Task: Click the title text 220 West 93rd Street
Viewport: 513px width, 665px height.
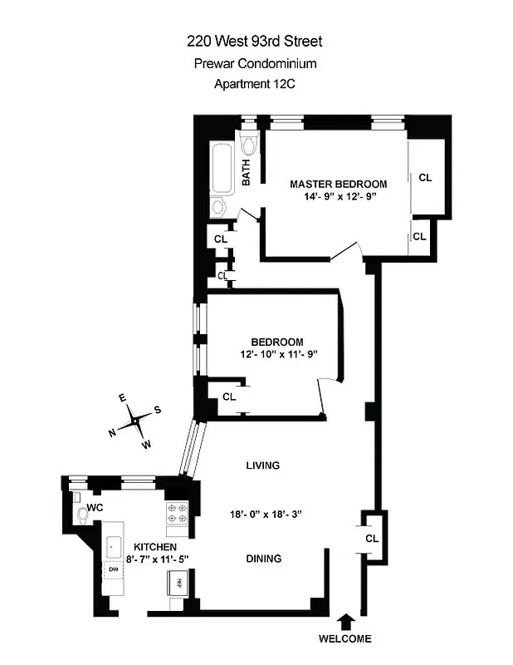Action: pos(255,41)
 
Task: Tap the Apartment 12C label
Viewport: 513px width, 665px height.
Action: pos(255,83)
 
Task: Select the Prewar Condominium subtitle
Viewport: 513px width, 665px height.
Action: pos(255,62)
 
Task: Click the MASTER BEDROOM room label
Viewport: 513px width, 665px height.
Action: pos(338,184)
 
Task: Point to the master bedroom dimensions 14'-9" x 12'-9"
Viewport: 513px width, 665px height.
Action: pos(338,198)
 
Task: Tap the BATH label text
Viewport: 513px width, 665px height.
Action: pos(247,172)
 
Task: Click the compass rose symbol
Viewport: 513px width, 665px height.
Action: pos(134,422)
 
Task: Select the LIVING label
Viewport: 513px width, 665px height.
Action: pos(262,465)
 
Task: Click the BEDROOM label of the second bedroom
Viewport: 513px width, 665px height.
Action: pos(276,342)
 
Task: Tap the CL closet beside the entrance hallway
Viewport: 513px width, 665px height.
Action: pos(371,538)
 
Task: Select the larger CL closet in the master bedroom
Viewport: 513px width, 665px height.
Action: pos(425,177)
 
